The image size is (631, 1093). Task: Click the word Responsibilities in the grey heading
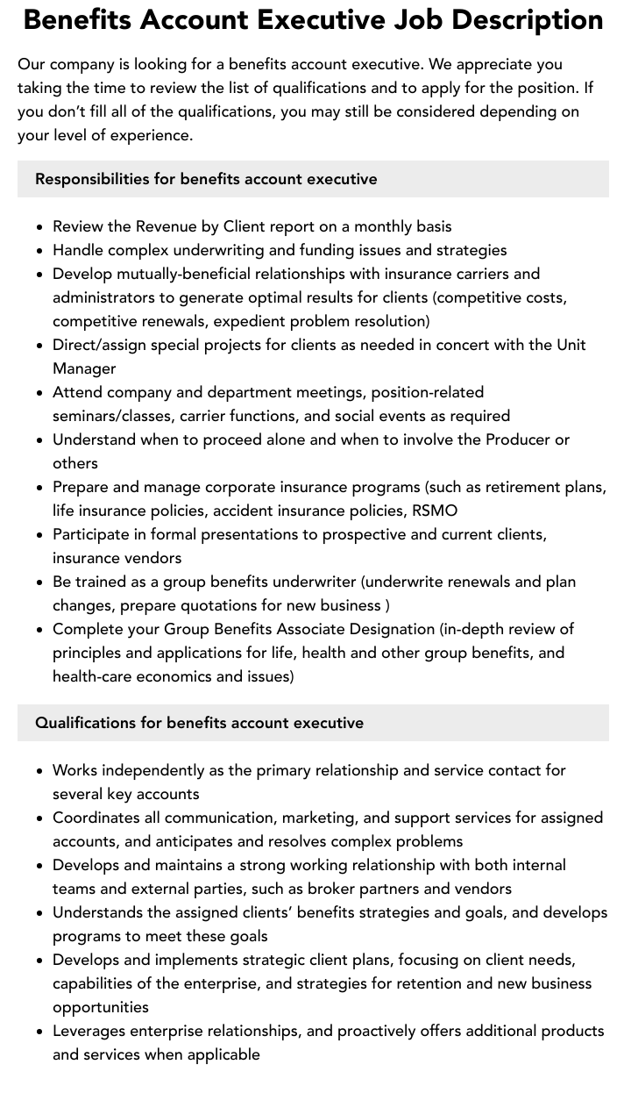point(92,179)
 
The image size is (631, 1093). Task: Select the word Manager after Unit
point(84,368)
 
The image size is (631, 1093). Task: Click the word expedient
point(249,321)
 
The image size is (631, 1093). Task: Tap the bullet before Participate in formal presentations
point(40,535)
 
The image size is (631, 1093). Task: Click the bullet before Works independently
point(40,771)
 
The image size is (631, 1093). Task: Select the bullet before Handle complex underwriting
point(40,251)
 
